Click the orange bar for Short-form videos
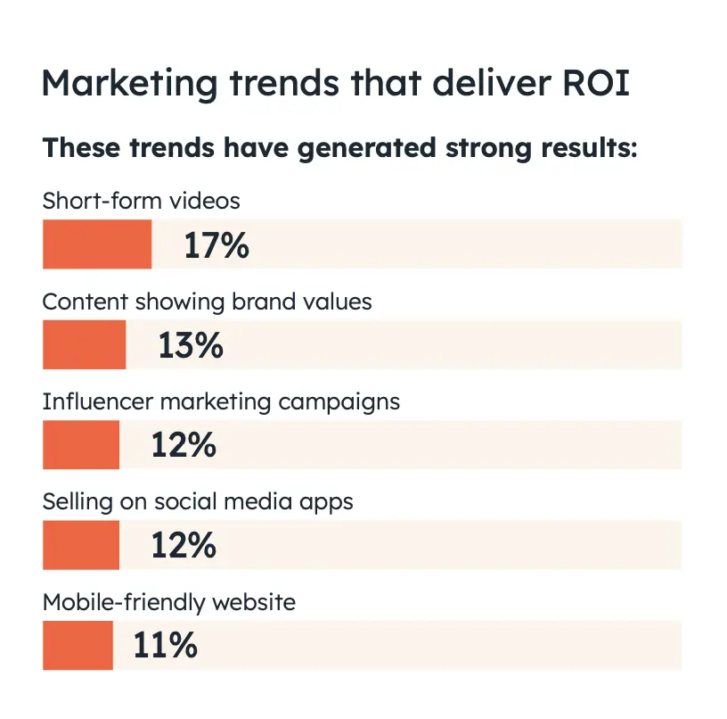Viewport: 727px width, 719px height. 97,244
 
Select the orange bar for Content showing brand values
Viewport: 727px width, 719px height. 84,344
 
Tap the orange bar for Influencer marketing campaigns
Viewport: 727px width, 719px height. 81,444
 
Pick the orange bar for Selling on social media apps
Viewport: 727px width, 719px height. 81,545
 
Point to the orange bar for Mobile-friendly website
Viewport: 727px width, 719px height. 78,645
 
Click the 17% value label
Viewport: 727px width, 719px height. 216,244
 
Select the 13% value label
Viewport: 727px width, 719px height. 191,345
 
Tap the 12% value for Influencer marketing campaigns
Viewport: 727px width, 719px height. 184,445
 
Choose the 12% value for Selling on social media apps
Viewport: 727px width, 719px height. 184,545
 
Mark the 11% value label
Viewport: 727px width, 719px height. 165,645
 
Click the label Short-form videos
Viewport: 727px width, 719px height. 142,201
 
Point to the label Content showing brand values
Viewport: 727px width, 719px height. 208,302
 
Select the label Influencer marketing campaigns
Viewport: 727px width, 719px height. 221,401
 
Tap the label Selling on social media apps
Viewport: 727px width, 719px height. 198,501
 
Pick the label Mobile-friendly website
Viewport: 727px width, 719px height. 169,602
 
